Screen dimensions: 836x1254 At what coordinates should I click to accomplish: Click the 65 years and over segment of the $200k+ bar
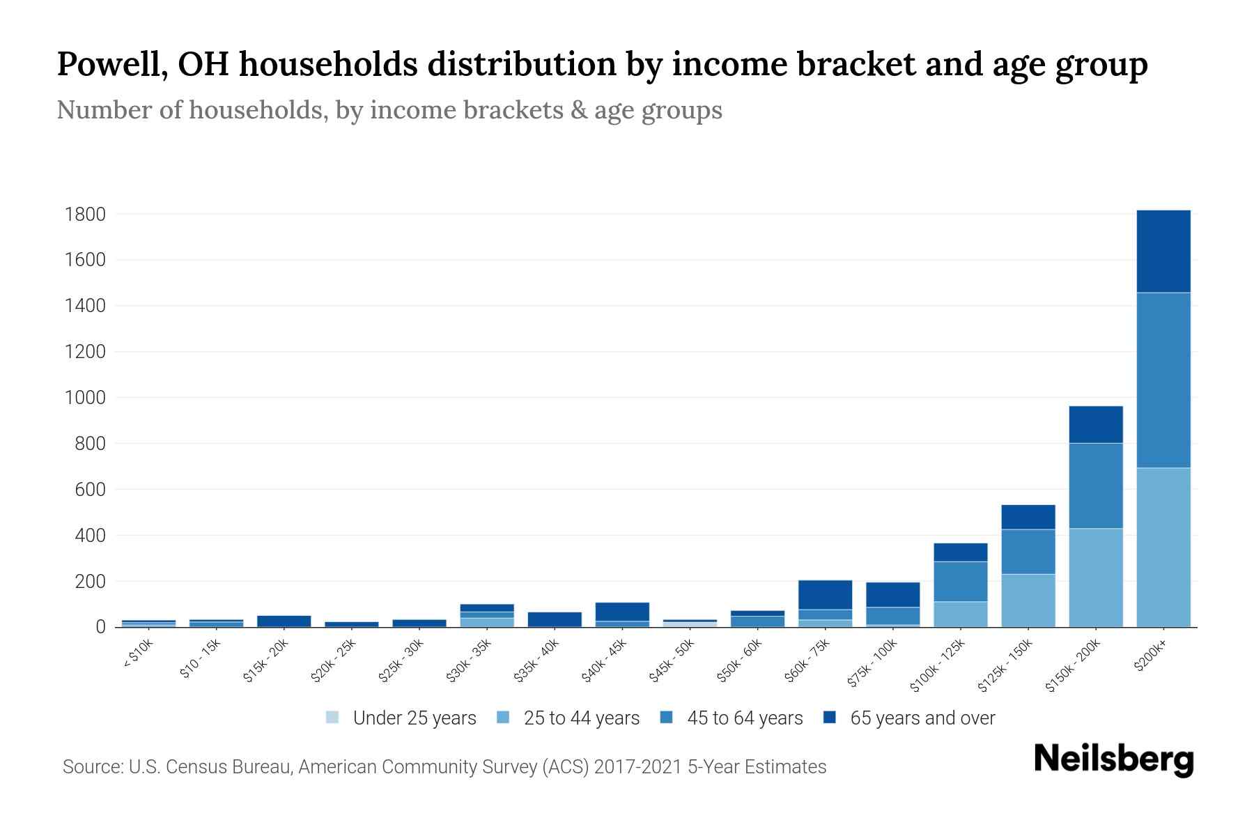pos(1163,251)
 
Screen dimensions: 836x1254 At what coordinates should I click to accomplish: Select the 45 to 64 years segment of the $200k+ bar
pos(1163,380)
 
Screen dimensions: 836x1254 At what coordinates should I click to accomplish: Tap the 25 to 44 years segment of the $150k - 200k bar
pos(1095,578)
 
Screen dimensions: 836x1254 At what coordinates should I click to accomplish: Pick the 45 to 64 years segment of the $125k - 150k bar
pos(1028,552)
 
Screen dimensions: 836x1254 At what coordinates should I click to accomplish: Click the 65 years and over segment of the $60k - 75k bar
pos(825,595)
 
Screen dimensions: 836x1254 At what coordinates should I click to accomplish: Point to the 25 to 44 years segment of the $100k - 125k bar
pos(960,614)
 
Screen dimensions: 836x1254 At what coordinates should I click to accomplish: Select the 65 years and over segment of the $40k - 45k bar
pos(622,612)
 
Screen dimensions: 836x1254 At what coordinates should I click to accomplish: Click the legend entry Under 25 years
pos(414,718)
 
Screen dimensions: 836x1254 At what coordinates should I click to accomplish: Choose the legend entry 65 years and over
pos(922,718)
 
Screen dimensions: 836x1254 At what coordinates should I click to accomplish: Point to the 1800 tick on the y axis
pos(85,215)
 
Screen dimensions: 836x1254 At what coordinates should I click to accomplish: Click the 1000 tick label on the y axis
pos(85,398)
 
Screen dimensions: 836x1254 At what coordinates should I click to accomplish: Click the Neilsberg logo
pos(1113,759)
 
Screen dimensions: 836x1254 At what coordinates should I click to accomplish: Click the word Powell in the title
pos(111,65)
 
